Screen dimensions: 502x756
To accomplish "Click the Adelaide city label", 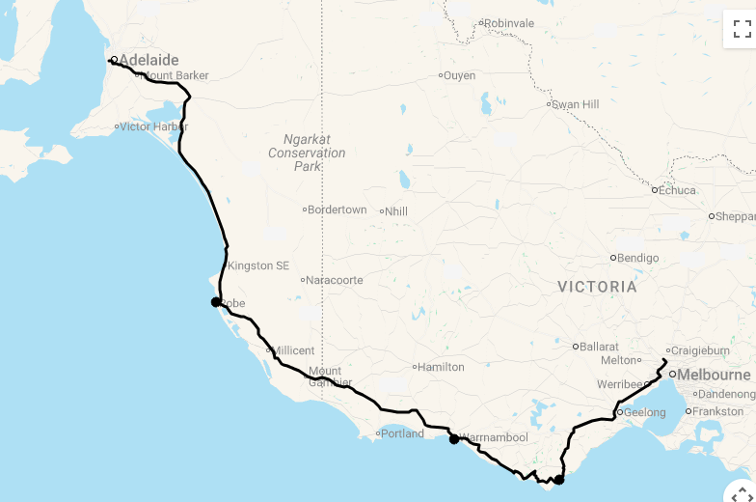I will click(148, 60).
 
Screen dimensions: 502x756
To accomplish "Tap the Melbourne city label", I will click(714, 375).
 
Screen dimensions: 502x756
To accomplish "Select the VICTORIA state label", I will click(597, 287).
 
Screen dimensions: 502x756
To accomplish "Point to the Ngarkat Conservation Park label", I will click(307, 153).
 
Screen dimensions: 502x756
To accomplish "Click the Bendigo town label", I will click(637, 258).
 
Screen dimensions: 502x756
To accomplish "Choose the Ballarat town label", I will click(599, 346).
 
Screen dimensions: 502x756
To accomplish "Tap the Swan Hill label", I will click(575, 104).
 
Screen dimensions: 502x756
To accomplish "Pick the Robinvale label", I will click(508, 23).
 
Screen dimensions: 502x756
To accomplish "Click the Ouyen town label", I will click(460, 75).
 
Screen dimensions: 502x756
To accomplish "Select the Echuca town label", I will click(677, 190).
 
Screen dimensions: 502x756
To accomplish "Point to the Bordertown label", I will click(337, 209).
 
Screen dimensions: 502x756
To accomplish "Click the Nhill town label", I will click(397, 210).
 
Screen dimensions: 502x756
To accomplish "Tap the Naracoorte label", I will click(335, 280).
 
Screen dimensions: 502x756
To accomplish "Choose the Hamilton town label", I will click(442, 367).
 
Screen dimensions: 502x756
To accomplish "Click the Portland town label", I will click(402, 433).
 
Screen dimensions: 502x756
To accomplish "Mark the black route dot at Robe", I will click(216, 302).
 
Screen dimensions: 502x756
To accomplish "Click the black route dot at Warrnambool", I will click(453, 439).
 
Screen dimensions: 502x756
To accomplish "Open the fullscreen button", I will click(742, 28).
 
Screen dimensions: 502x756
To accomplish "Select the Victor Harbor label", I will click(153, 126).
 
